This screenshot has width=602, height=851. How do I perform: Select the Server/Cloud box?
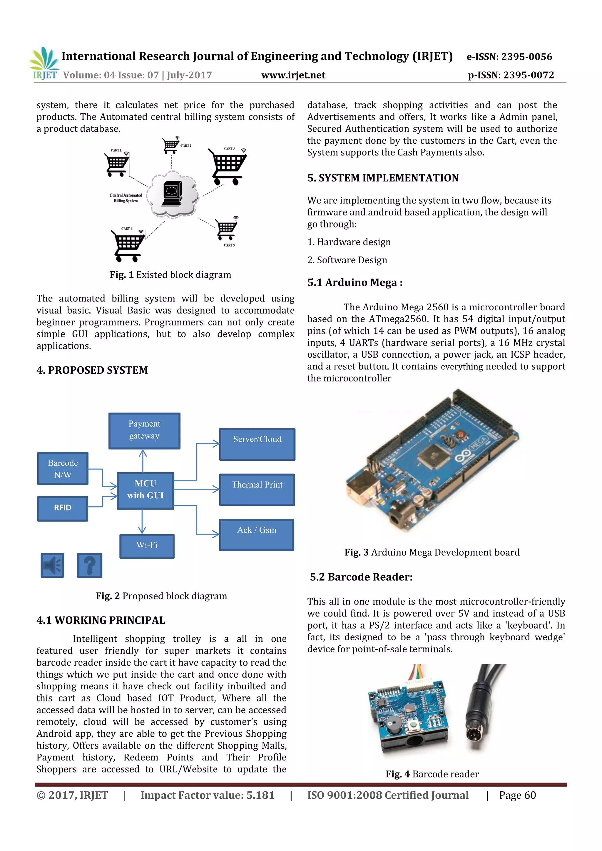[x=257, y=444]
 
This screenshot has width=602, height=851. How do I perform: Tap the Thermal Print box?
[x=257, y=489]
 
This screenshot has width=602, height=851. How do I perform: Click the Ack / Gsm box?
[x=257, y=535]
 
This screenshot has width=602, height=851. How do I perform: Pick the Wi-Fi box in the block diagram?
[x=147, y=546]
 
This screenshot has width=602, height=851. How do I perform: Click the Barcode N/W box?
[x=63, y=468]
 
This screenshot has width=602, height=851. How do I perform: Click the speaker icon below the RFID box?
[x=52, y=565]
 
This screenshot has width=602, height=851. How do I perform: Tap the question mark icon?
[x=89, y=565]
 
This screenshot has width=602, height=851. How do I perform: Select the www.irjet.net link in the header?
[x=293, y=75]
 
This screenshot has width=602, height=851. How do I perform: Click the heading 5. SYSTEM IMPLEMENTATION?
[x=383, y=178]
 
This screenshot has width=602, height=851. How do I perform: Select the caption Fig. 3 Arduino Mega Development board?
[x=432, y=552]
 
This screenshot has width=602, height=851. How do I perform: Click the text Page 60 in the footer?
[x=517, y=795]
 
